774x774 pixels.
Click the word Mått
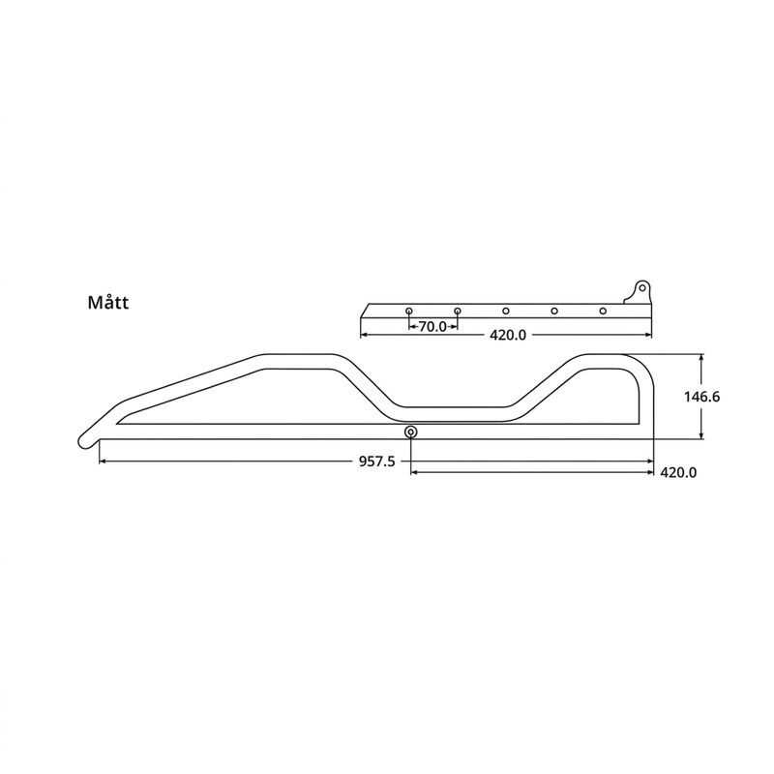point(108,302)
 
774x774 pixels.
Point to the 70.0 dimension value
point(432,327)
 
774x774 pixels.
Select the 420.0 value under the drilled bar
point(508,335)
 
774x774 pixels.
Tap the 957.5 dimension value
point(376,461)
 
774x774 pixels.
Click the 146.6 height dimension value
point(702,397)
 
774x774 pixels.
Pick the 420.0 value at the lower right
point(679,473)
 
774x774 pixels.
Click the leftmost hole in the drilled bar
point(408,311)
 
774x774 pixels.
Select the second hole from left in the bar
point(458,311)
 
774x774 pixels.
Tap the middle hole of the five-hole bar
point(505,311)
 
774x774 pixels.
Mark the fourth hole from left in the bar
point(554,311)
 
